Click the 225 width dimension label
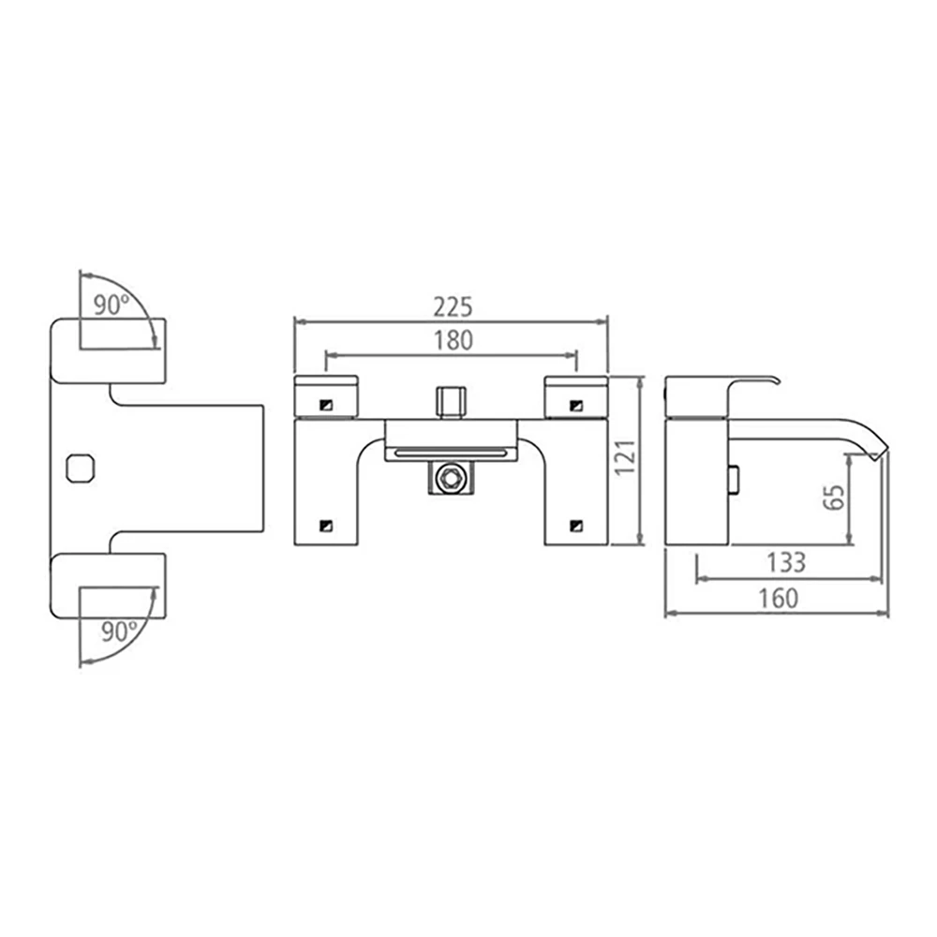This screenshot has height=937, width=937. [454, 306]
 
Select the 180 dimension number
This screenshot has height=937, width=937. [454, 340]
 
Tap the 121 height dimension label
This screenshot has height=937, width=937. [627, 458]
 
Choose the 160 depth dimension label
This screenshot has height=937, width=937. [778, 598]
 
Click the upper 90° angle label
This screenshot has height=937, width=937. [112, 305]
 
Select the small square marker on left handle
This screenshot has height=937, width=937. [325, 405]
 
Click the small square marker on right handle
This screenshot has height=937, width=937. [574, 405]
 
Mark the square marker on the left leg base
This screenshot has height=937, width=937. [325, 525]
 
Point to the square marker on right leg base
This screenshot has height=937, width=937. [574, 525]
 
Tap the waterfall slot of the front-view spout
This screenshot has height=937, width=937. [451, 453]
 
